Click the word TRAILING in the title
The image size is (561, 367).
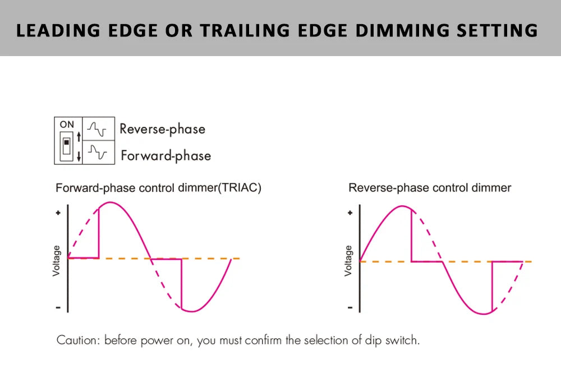[245, 30]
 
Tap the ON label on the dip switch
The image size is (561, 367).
[67, 124]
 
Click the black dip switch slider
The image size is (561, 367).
[66, 143]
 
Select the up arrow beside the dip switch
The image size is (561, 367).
[79, 136]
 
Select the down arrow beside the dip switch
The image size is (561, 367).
[79, 156]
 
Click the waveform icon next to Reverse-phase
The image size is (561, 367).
[97, 129]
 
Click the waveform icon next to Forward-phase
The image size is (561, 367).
[98, 152]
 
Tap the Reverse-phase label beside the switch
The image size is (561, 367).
[163, 129]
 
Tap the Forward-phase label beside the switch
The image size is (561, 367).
[166, 156]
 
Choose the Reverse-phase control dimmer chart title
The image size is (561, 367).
[430, 187]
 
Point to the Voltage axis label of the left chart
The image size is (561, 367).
[56, 261]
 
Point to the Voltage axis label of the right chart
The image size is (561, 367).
[348, 261]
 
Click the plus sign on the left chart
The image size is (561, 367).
[58, 213]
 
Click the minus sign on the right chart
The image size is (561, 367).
[350, 308]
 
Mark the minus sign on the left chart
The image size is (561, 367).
[58, 308]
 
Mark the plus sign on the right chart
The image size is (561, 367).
[350, 213]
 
